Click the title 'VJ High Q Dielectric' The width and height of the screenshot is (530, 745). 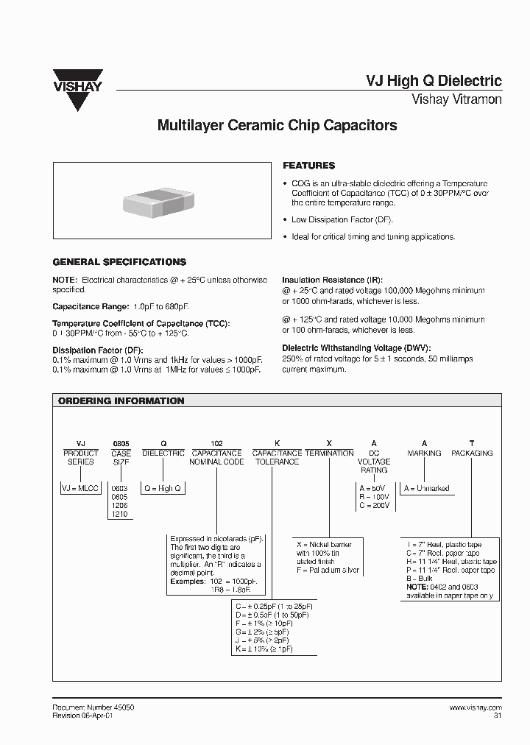[x=434, y=81]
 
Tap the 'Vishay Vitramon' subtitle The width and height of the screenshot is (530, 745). [x=456, y=99]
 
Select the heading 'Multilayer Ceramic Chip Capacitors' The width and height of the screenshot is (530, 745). [x=278, y=125]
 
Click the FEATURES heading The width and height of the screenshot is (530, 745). [x=309, y=166]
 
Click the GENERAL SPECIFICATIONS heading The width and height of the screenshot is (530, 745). [x=119, y=262]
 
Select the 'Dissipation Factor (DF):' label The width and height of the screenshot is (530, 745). [x=97, y=350]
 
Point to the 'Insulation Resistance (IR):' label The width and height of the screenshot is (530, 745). [x=333, y=280]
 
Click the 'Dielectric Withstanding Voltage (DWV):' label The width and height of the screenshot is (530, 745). [x=356, y=348]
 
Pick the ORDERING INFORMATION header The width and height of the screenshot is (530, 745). [x=121, y=401]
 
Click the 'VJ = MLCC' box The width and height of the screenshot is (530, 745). [x=79, y=489]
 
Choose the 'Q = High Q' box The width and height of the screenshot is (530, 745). [x=162, y=489]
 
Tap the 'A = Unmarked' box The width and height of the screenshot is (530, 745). [x=426, y=489]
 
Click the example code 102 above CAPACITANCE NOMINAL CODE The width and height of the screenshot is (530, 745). [x=216, y=444]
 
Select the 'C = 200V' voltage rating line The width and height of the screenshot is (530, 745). [x=375, y=506]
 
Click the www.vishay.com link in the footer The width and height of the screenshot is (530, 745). [x=476, y=707]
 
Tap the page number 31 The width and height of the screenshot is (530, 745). [x=497, y=716]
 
